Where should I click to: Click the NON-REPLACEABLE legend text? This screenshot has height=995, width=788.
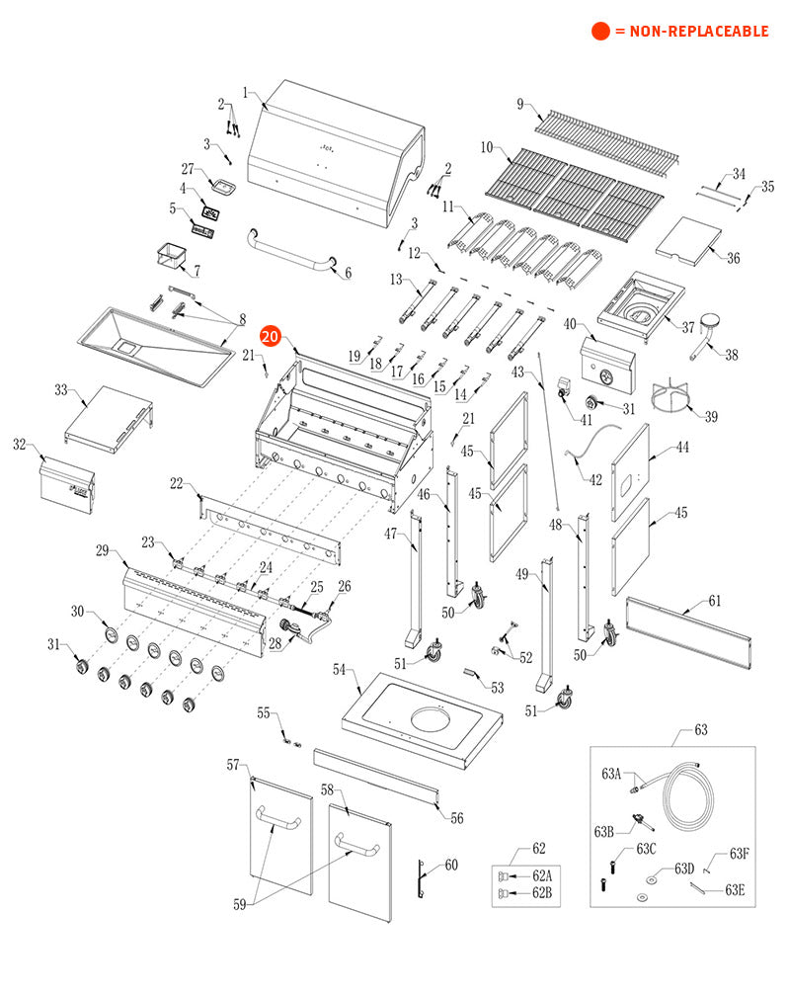click(691, 31)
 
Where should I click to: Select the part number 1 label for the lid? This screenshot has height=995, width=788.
click(245, 92)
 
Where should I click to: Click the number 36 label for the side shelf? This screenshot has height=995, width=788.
click(733, 258)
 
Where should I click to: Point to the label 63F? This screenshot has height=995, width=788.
click(739, 854)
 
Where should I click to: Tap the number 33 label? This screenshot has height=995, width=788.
click(61, 390)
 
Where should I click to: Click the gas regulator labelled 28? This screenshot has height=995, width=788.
click(293, 629)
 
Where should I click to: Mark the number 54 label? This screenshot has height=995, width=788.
click(339, 670)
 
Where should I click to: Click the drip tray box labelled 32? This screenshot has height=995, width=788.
click(67, 484)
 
